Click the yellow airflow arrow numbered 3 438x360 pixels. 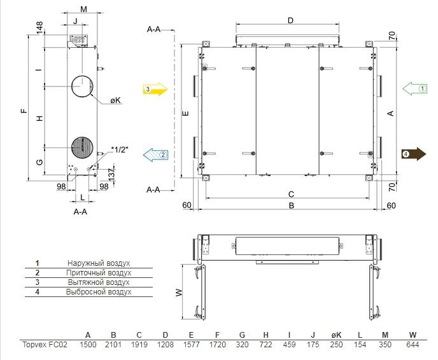click(155, 89)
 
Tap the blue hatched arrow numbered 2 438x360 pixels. click(155, 155)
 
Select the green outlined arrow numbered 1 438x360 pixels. click(415, 88)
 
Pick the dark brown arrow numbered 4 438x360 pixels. click(414, 154)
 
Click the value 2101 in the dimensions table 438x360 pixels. click(113, 345)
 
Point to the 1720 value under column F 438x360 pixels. click(217, 345)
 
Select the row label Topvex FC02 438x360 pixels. click(45, 345)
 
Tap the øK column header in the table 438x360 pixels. click(336, 335)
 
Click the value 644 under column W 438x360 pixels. click(413, 345)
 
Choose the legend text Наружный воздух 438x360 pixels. click(99, 263)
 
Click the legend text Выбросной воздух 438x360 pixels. click(99, 292)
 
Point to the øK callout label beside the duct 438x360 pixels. click(115, 100)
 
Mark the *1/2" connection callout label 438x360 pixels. click(120, 150)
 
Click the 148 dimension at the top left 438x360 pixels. click(39, 27)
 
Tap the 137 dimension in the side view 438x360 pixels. click(111, 174)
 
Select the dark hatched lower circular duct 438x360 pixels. click(82, 148)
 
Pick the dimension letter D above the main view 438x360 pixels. click(290, 20)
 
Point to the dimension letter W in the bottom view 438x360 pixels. click(179, 293)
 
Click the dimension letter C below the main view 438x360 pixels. click(291, 194)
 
